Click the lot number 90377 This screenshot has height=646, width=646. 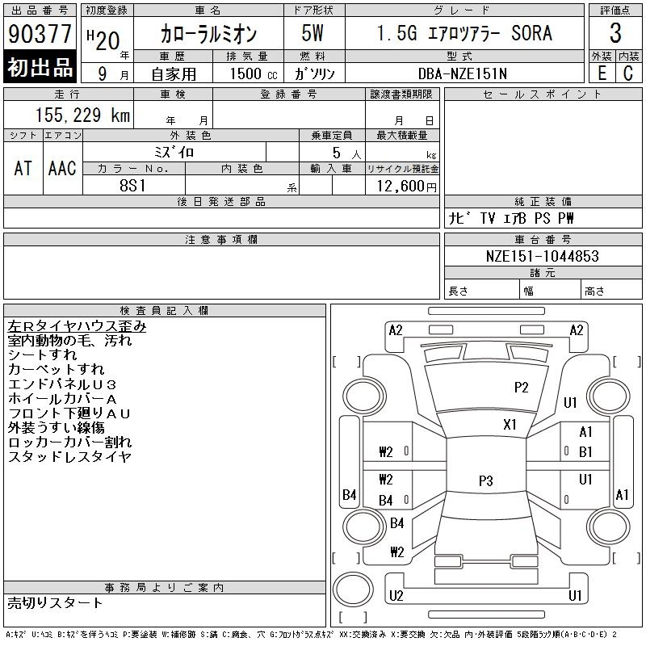tap(40, 34)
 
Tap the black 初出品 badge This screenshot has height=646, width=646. tap(40, 68)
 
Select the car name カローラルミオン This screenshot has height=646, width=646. tap(208, 34)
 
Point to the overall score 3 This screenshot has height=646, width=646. tap(615, 34)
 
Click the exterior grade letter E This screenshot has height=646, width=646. tap(602, 73)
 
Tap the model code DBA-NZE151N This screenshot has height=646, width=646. tap(462, 73)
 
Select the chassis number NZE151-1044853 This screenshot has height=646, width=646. tap(543, 255)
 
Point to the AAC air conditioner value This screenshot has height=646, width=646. tap(62, 168)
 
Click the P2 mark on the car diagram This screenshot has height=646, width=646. tap(522, 388)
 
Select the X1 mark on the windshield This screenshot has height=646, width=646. tap(510, 425)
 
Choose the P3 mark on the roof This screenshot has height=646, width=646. tap(485, 481)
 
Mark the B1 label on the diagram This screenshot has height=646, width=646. tap(585, 451)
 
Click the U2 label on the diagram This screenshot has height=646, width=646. tap(396, 596)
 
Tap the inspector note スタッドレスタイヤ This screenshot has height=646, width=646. tap(69, 457)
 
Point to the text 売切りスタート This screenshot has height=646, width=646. tap(56, 602)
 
